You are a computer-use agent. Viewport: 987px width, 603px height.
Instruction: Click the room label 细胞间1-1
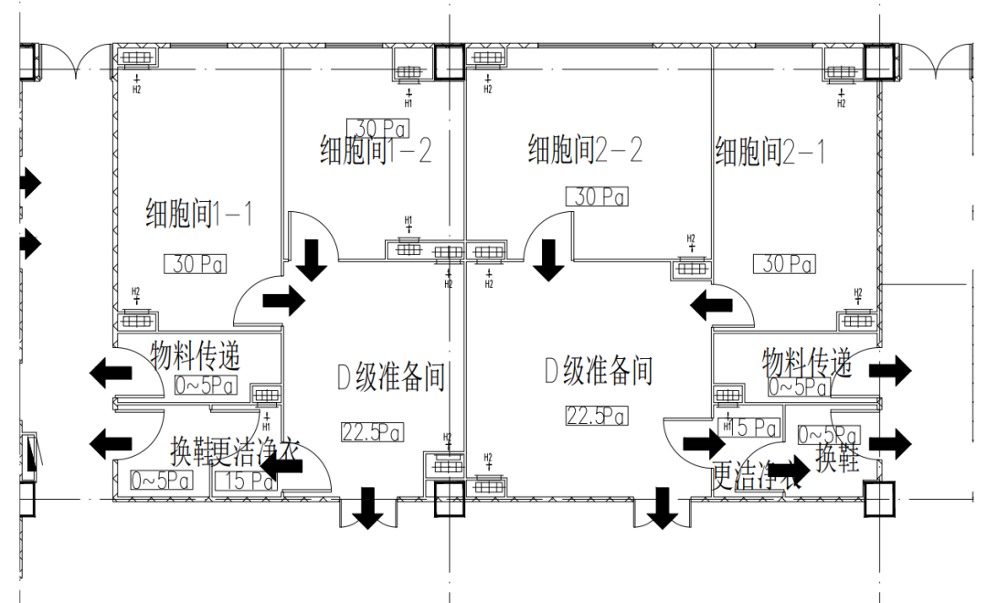(x=198, y=215)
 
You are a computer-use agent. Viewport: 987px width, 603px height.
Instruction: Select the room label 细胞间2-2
(x=585, y=149)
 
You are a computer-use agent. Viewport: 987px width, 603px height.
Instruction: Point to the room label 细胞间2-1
(x=770, y=151)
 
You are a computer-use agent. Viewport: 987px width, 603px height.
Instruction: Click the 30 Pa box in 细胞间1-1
(x=195, y=265)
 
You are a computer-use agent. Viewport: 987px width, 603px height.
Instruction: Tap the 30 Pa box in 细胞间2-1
(x=784, y=264)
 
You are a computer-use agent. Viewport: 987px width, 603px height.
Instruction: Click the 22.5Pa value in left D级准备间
(x=372, y=431)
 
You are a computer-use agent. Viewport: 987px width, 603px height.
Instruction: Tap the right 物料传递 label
(x=807, y=363)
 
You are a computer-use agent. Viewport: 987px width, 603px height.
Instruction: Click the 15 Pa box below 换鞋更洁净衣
(x=242, y=481)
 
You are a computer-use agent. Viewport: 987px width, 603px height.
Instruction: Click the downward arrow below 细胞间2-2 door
(x=549, y=259)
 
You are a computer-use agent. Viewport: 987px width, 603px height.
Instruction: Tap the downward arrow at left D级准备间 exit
(x=368, y=508)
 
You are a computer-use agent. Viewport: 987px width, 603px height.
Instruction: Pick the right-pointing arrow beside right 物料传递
(x=889, y=370)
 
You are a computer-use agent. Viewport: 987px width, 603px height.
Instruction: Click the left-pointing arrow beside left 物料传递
(x=110, y=372)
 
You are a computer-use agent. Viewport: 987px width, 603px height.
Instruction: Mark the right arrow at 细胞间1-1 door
(x=283, y=301)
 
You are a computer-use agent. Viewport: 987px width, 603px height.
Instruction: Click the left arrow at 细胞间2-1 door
(x=712, y=304)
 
